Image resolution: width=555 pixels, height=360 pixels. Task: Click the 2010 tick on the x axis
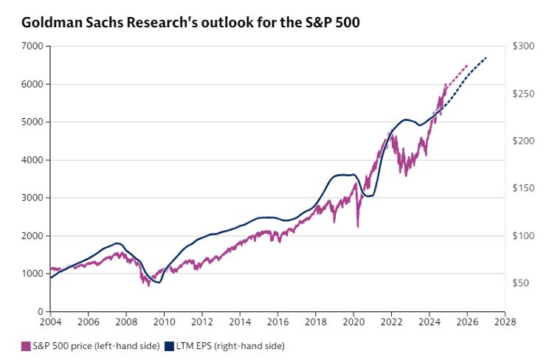pyautogui.click(x=165, y=321)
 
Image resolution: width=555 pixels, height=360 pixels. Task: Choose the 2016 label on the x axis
pyautogui.click(x=278, y=321)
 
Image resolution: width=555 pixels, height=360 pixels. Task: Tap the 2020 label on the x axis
pyautogui.click(x=354, y=321)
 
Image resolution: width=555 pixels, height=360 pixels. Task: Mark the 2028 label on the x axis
pyautogui.click(x=506, y=321)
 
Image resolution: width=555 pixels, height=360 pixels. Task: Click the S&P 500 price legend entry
pyautogui.click(x=82, y=345)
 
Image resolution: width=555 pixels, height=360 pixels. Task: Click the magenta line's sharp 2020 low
pyautogui.click(x=358, y=227)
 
